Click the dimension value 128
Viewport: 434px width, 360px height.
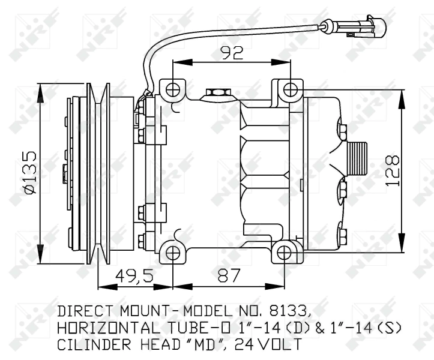pyautogui.click(x=393, y=171)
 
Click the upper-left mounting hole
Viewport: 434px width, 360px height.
pyautogui.click(x=173, y=90)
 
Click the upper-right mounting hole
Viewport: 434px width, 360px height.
pyautogui.click(x=290, y=90)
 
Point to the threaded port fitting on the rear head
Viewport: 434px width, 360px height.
pyautogui.click(x=358, y=159)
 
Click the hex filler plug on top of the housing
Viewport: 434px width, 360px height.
pyautogui.click(x=216, y=94)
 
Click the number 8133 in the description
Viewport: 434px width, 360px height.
pyautogui.click(x=290, y=311)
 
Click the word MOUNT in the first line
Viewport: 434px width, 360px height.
pyautogui.click(x=142, y=311)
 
